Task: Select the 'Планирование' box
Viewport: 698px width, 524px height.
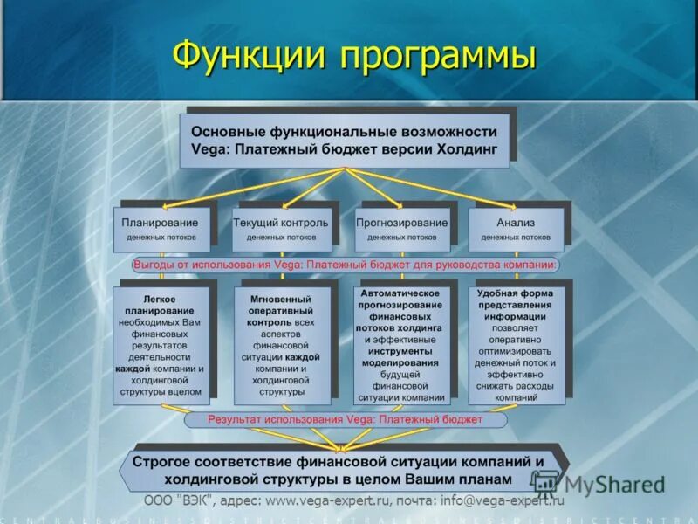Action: coord(161,228)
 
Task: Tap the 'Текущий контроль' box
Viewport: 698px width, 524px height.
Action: coord(281,228)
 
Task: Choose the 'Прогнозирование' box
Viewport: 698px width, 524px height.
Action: coord(402,228)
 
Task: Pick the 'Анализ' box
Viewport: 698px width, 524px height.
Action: coord(516,228)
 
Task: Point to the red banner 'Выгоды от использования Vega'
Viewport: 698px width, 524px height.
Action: coord(346,263)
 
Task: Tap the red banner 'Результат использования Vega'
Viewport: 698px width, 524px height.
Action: coord(346,419)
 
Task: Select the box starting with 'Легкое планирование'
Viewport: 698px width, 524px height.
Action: coord(161,345)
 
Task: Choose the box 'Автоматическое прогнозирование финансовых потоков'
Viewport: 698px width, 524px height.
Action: coord(402,345)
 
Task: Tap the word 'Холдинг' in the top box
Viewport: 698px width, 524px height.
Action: coord(468,149)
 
